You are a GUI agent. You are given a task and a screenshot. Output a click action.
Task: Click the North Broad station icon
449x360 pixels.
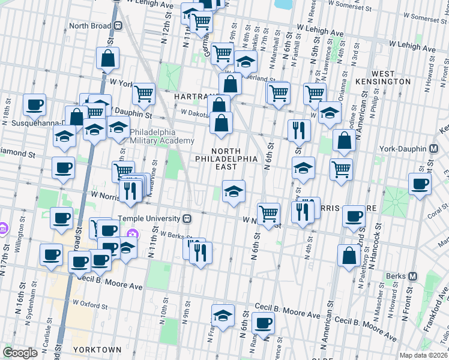[x=118, y=26]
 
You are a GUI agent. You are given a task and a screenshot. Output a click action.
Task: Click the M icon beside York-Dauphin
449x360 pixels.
[x=433, y=149]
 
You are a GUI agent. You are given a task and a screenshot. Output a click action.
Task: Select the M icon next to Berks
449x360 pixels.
[x=413, y=277]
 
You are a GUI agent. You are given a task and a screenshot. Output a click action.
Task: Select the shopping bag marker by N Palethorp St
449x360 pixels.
[x=349, y=255]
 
